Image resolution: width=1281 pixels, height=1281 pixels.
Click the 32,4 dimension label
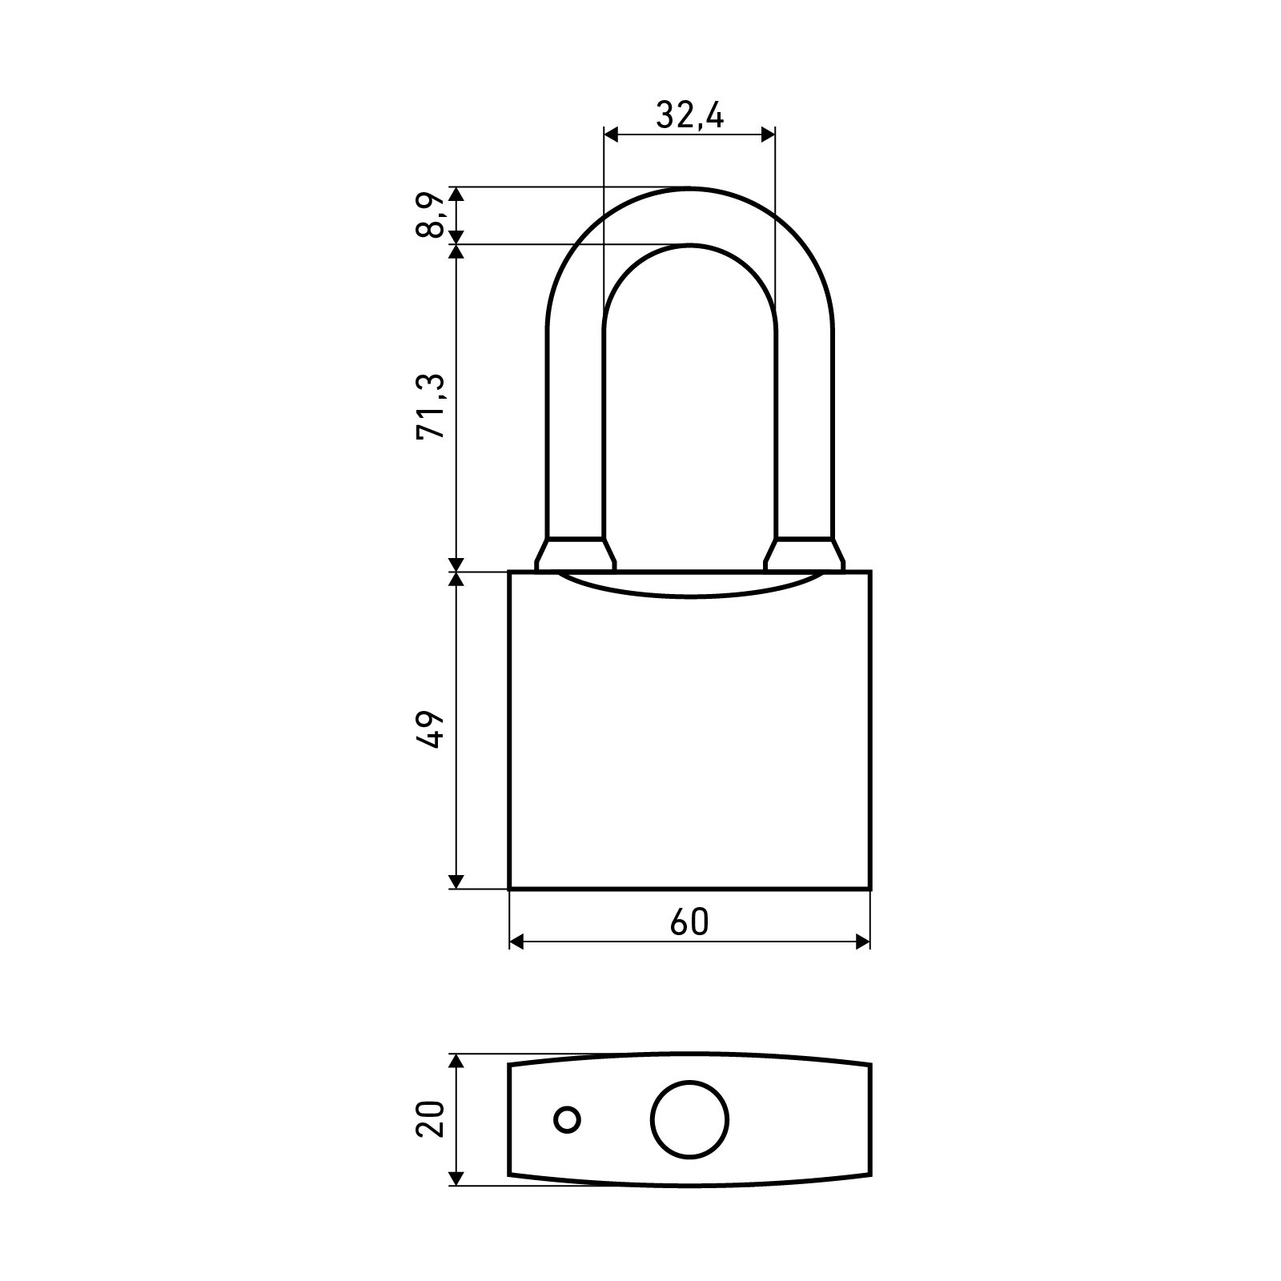(x=689, y=116)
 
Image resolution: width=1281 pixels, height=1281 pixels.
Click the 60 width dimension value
(x=689, y=922)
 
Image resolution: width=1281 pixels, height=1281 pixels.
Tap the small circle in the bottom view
(x=568, y=1119)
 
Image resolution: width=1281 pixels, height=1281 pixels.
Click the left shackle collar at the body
(x=575, y=554)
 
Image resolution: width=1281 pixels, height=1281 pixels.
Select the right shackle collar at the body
(x=804, y=554)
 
